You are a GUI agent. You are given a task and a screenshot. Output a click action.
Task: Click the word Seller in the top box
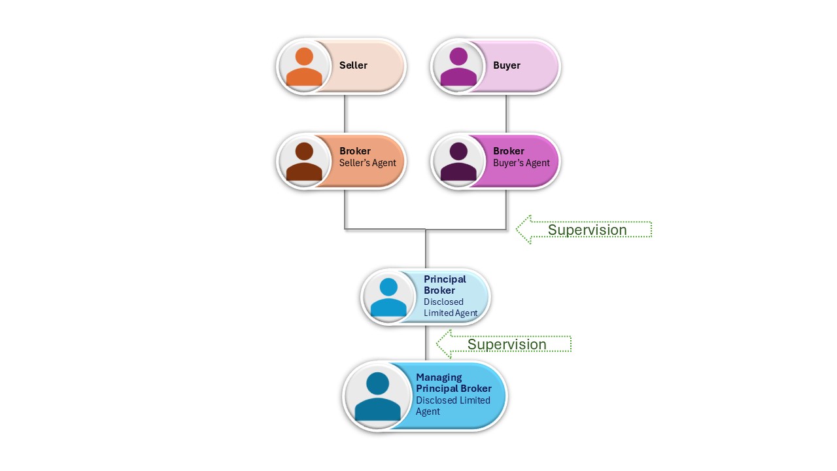click(x=353, y=65)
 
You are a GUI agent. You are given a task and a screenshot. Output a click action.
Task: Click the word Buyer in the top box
click(x=507, y=65)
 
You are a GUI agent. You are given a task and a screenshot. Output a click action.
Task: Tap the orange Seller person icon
click(x=304, y=67)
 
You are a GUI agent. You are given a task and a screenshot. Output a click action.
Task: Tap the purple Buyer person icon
click(x=458, y=67)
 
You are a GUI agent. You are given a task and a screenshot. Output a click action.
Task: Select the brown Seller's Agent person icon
click(x=304, y=162)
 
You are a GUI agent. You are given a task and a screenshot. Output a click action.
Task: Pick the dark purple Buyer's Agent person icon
click(x=458, y=162)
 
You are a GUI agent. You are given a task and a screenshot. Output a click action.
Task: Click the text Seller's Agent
click(x=367, y=163)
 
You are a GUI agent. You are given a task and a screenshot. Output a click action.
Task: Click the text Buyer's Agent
click(x=521, y=163)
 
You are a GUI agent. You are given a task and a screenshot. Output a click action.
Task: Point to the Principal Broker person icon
click(x=388, y=297)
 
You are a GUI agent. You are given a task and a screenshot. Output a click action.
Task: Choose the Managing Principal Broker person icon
click(x=378, y=396)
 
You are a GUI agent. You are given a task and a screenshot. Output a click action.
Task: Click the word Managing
click(x=439, y=377)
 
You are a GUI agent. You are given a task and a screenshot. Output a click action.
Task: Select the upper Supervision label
click(x=587, y=230)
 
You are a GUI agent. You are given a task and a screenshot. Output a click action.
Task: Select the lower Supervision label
click(x=507, y=345)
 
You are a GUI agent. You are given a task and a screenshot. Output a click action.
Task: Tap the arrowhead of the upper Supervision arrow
click(x=524, y=230)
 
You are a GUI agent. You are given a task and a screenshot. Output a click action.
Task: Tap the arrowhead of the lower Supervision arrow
click(x=445, y=344)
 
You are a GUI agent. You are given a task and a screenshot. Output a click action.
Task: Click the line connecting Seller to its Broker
click(x=345, y=114)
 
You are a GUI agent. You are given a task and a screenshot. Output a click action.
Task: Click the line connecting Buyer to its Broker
click(x=507, y=114)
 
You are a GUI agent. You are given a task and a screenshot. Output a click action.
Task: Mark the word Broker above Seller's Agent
click(x=355, y=151)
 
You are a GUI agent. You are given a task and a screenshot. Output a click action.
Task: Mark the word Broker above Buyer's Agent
click(x=509, y=151)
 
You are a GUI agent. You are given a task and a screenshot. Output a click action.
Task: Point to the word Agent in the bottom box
click(x=428, y=411)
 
